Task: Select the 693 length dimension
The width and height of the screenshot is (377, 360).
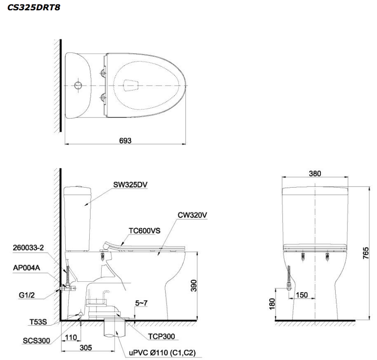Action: click(x=125, y=140)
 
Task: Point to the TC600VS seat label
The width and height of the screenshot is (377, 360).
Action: click(x=144, y=231)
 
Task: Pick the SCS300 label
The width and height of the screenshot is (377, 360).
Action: click(x=36, y=341)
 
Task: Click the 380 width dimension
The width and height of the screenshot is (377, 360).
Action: click(x=314, y=174)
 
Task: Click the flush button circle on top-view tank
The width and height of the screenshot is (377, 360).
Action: click(x=78, y=85)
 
